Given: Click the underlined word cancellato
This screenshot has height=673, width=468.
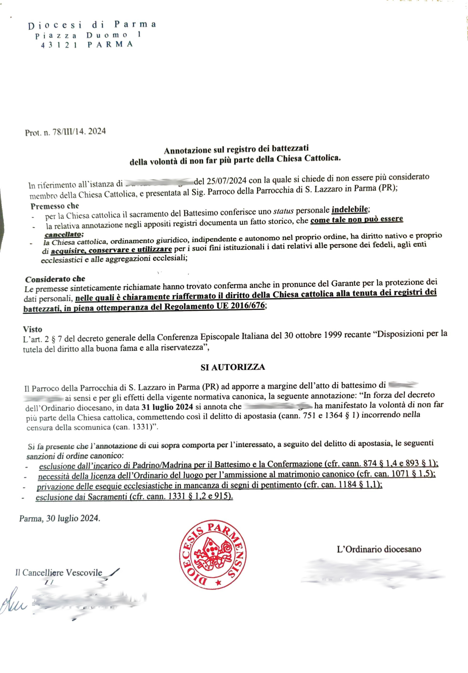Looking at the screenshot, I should tap(63, 235).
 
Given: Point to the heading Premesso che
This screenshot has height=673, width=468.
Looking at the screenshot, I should tap(55, 206).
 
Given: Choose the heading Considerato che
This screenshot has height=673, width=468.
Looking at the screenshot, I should tap(55, 279).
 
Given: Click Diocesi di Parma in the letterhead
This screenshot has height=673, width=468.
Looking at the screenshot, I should tap(92, 25).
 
